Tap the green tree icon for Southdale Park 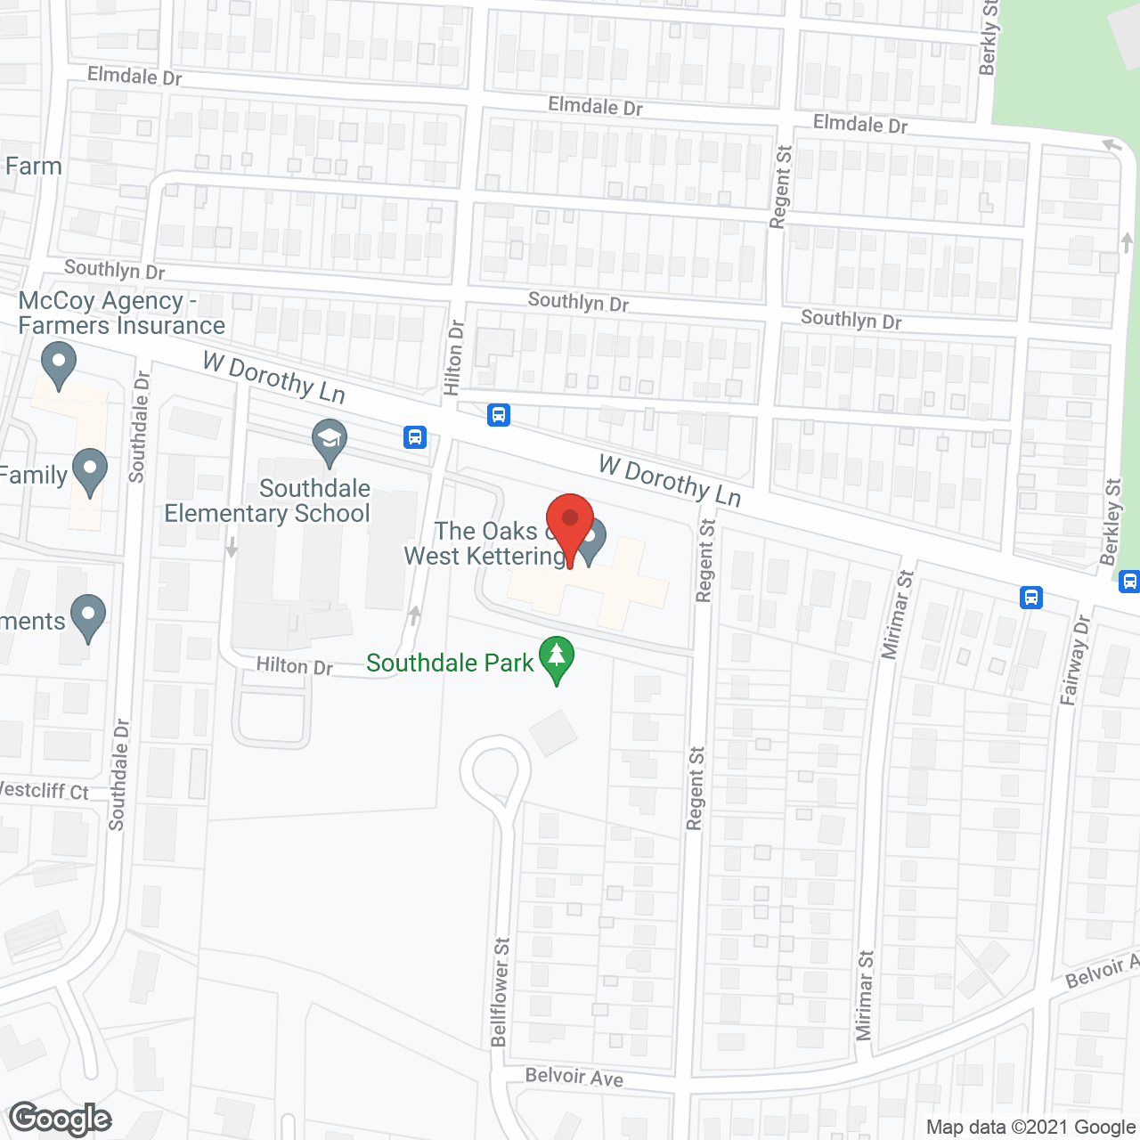point(557,659)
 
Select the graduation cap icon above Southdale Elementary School point(330,442)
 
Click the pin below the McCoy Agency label point(59,365)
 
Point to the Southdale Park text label point(450,664)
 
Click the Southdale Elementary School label point(267,501)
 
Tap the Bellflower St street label point(500,991)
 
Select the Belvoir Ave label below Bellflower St point(574,1077)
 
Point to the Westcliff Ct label point(45,790)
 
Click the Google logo point(61,1118)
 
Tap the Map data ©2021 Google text point(1030,1128)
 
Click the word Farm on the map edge point(33,167)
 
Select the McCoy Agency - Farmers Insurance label point(121,313)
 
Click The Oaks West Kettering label point(485,543)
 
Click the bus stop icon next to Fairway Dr point(1031,597)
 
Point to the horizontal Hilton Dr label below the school point(294,666)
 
